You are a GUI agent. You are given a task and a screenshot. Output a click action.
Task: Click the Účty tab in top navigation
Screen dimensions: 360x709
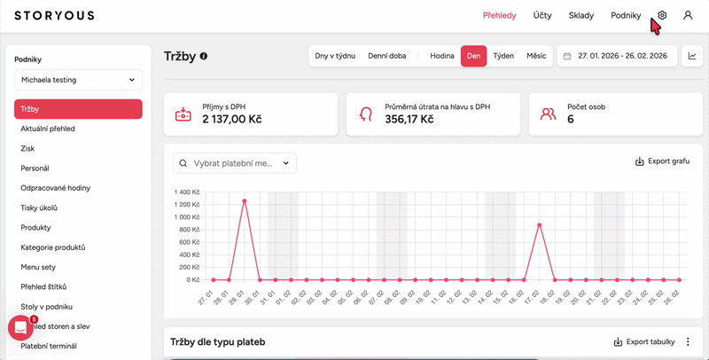click(542, 15)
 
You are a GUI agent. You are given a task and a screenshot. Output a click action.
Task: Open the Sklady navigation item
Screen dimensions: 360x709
click(580, 15)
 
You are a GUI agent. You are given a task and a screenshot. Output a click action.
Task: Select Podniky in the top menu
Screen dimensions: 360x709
click(626, 15)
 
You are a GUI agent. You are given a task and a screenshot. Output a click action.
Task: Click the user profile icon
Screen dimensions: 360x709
click(688, 15)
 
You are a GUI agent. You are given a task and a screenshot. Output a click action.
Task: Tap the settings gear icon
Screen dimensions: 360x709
click(662, 15)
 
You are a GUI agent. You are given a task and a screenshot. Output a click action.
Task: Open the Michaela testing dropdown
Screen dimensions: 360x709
click(78, 80)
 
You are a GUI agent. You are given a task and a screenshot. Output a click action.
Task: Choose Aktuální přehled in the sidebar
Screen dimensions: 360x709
click(48, 129)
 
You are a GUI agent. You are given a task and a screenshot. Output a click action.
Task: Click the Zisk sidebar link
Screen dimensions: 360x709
click(27, 149)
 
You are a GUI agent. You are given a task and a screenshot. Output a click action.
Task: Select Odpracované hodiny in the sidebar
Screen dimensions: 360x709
click(56, 188)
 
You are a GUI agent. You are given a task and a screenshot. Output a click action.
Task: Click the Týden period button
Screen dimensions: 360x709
click(503, 56)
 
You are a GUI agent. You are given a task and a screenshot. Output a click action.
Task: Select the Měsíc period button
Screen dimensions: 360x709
click(536, 56)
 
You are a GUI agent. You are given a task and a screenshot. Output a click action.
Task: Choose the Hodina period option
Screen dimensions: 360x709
click(442, 56)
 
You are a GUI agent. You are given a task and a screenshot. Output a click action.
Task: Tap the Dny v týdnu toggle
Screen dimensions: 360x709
click(335, 56)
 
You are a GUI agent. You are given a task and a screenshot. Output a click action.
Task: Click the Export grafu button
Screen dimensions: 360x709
click(662, 162)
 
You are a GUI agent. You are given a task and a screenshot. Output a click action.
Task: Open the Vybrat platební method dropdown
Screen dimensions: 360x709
click(235, 163)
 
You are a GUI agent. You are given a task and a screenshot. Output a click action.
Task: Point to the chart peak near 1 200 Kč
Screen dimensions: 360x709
click(244, 200)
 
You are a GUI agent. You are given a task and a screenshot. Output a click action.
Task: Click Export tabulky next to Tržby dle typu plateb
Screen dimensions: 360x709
click(644, 341)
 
